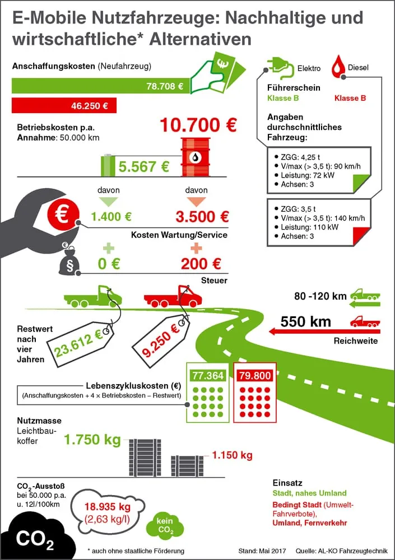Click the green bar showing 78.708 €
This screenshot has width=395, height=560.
tap(101, 86)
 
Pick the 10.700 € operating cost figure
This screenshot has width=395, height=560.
tap(198, 124)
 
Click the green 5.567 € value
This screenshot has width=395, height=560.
tap(144, 166)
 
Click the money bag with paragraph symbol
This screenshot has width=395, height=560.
tap(69, 260)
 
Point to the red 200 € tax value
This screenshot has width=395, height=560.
tap(201, 263)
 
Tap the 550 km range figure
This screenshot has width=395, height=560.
tap(306, 322)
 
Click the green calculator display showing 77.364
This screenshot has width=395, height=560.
tap(207, 375)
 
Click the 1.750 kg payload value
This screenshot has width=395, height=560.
tap(92, 440)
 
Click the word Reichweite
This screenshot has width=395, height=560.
tap(355, 340)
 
